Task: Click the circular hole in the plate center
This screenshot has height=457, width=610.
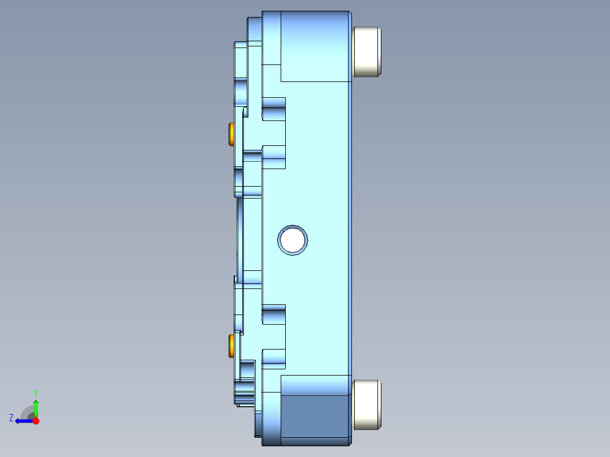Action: click(x=293, y=240)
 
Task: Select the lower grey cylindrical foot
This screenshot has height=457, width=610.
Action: click(x=367, y=404)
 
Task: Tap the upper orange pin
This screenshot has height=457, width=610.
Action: click(x=231, y=134)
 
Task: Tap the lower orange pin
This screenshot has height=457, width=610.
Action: click(x=231, y=346)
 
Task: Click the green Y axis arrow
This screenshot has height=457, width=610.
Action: click(x=36, y=407)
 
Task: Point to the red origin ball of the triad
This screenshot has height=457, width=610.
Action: click(x=36, y=421)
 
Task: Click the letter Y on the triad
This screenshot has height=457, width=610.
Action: click(x=35, y=393)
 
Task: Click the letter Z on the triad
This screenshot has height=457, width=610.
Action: click(x=11, y=417)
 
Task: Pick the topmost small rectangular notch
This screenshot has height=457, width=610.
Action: click(x=274, y=108)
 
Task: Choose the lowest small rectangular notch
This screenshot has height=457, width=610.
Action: click(x=274, y=359)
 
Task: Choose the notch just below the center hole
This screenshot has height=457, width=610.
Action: click(x=274, y=314)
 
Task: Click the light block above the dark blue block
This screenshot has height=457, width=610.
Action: click(x=314, y=385)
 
